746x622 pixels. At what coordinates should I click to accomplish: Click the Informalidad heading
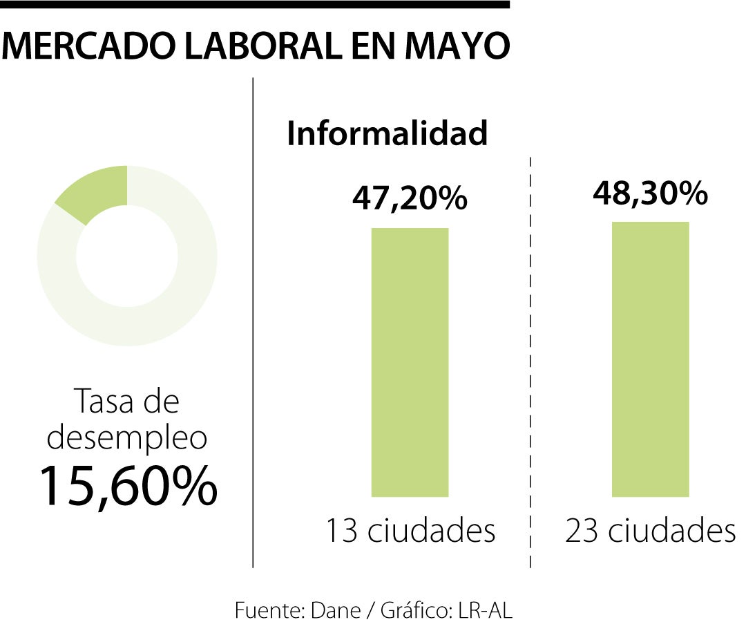tap(388, 133)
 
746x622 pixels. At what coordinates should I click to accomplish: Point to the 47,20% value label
tap(410, 199)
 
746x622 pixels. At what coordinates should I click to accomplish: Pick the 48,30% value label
tap(650, 194)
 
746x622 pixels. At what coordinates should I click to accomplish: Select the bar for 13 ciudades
tap(410, 362)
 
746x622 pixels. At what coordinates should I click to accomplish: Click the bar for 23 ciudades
tap(650, 359)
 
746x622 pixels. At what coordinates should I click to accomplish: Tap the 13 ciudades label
tap(410, 531)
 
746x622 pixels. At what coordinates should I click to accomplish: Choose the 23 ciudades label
tap(650, 531)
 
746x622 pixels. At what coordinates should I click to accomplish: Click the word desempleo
tap(127, 436)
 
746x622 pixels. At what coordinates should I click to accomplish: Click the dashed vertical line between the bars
tap(530, 359)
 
